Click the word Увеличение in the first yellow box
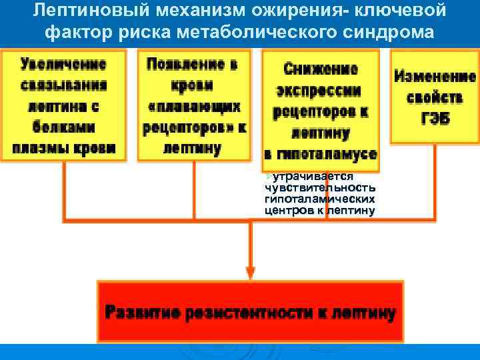click(63, 65)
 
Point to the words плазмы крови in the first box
click(63, 148)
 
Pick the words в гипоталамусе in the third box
click(321, 155)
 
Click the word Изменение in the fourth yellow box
click(434, 77)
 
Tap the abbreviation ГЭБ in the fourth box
click(434, 119)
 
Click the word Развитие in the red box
click(143, 313)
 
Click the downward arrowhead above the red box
click(251, 271)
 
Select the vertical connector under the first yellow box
click(64, 190)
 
